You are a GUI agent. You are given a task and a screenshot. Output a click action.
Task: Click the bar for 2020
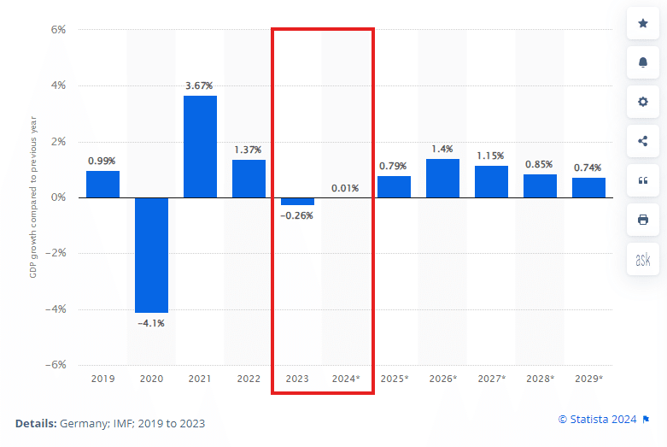coord(151,255)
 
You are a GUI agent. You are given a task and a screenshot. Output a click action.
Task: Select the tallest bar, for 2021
coord(200,146)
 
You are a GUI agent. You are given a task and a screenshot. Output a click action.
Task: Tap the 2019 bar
coord(102,184)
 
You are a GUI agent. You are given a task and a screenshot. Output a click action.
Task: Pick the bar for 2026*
coord(442,178)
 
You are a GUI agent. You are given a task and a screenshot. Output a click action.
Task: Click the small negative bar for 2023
coord(297,202)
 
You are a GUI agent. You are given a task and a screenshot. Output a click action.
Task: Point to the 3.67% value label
coord(199,86)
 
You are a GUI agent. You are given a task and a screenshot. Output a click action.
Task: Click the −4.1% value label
coord(150,323)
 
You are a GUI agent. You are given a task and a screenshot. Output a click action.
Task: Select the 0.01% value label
coord(345,188)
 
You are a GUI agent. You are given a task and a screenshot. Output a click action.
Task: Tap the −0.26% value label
coord(296,215)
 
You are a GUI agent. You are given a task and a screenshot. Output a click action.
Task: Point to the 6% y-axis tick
coord(59,30)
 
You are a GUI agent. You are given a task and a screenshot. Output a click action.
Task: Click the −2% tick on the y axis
coord(57,253)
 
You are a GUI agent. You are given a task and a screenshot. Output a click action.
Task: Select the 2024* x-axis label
coord(346,378)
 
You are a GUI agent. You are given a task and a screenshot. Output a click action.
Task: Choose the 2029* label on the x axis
coord(588,378)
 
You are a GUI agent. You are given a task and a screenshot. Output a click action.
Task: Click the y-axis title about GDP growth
coord(33,197)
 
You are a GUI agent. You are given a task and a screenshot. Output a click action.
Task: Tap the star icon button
coord(643,24)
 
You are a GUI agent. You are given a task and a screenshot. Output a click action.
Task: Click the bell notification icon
coord(643,62)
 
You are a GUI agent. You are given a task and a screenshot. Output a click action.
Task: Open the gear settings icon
coord(643,102)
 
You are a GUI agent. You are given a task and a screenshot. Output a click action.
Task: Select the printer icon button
coord(643,220)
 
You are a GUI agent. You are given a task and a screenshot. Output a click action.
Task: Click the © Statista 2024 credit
coord(597,419)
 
